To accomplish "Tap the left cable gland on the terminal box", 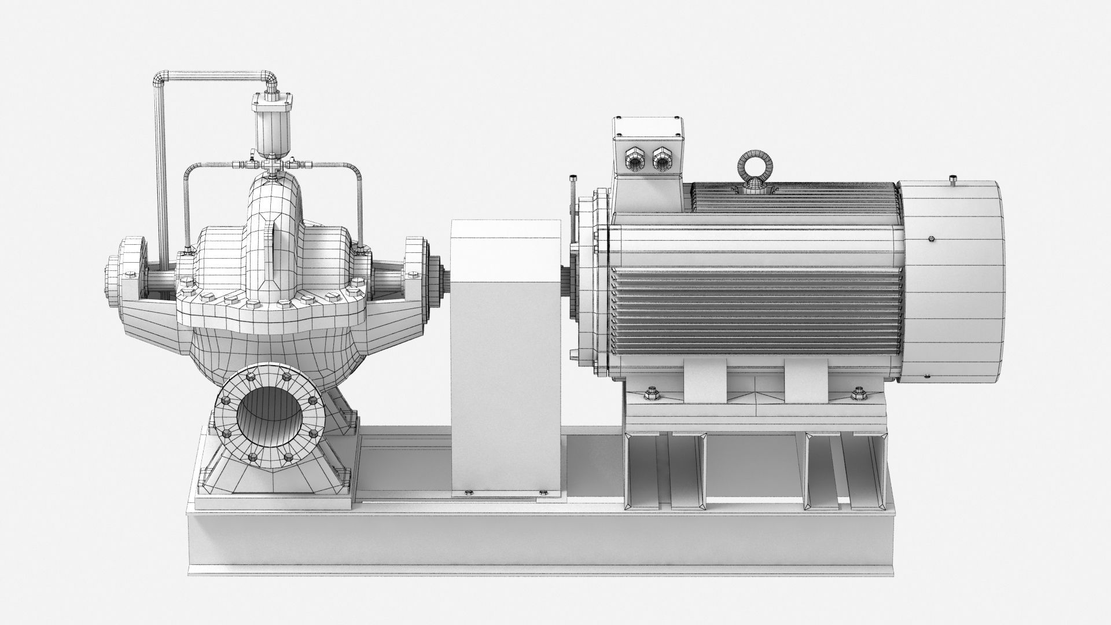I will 635,157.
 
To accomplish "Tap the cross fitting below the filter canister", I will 270,165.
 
